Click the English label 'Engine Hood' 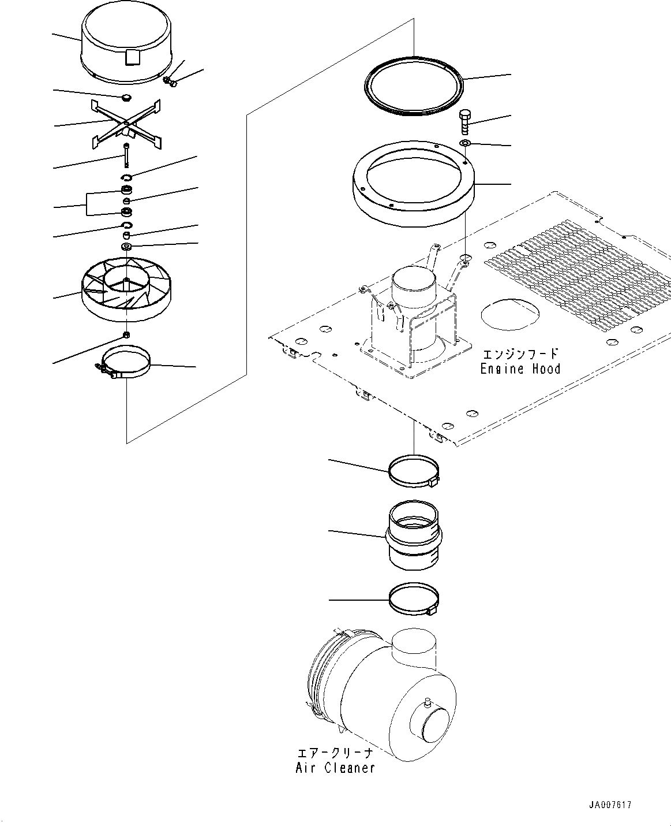520,369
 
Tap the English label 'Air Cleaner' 335,768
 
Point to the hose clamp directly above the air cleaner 414,601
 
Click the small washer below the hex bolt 465,143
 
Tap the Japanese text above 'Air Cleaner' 335,753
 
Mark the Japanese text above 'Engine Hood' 520,354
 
